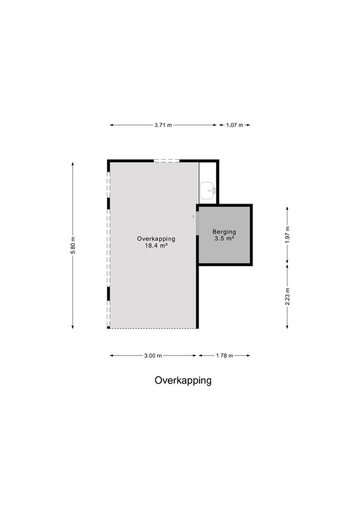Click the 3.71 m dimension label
[x=163, y=125]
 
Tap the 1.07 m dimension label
[x=235, y=125]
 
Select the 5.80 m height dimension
[x=73, y=246]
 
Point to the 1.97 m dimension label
[x=287, y=234]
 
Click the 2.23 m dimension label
[x=287, y=296]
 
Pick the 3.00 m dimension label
[x=153, y=356]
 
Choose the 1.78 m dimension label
[x=225, y=356]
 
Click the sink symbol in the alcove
[x=208, y=190]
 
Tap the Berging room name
[x=225, y=232]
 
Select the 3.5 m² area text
[x=225, y=238]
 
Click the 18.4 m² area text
[x=156, y=246]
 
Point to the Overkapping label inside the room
[x=156, y=239]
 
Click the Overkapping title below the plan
[x=183, y=380]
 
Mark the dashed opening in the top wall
[x=167, y=161]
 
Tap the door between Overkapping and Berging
[x=197, y=223]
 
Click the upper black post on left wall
[x=108, y=203]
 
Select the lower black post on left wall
[x=108, y=293]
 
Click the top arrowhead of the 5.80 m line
[x=73, y=164]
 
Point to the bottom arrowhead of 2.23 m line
[x=287, y=326]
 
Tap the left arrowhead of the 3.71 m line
[x=111, y=125]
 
